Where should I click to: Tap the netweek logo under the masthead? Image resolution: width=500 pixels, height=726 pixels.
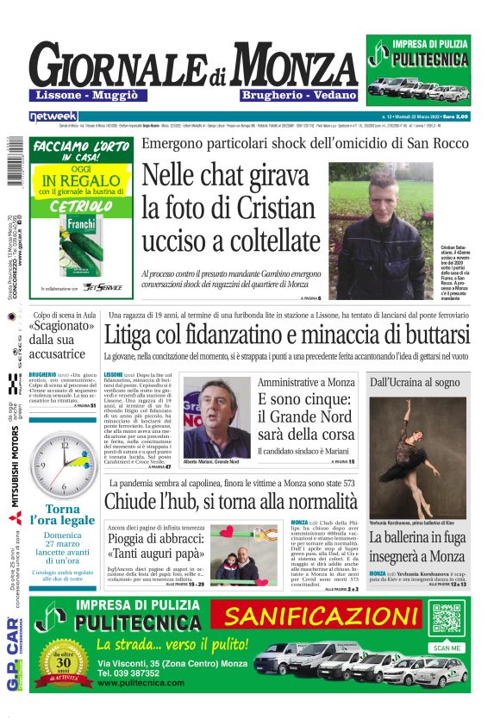pyautogui.click(x=53, y=116)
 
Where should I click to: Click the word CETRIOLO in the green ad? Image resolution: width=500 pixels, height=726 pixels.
pyautogui.click(x=78, y=207)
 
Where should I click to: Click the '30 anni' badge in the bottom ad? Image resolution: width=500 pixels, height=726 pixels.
pyautogui.click(x=68, y=665)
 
